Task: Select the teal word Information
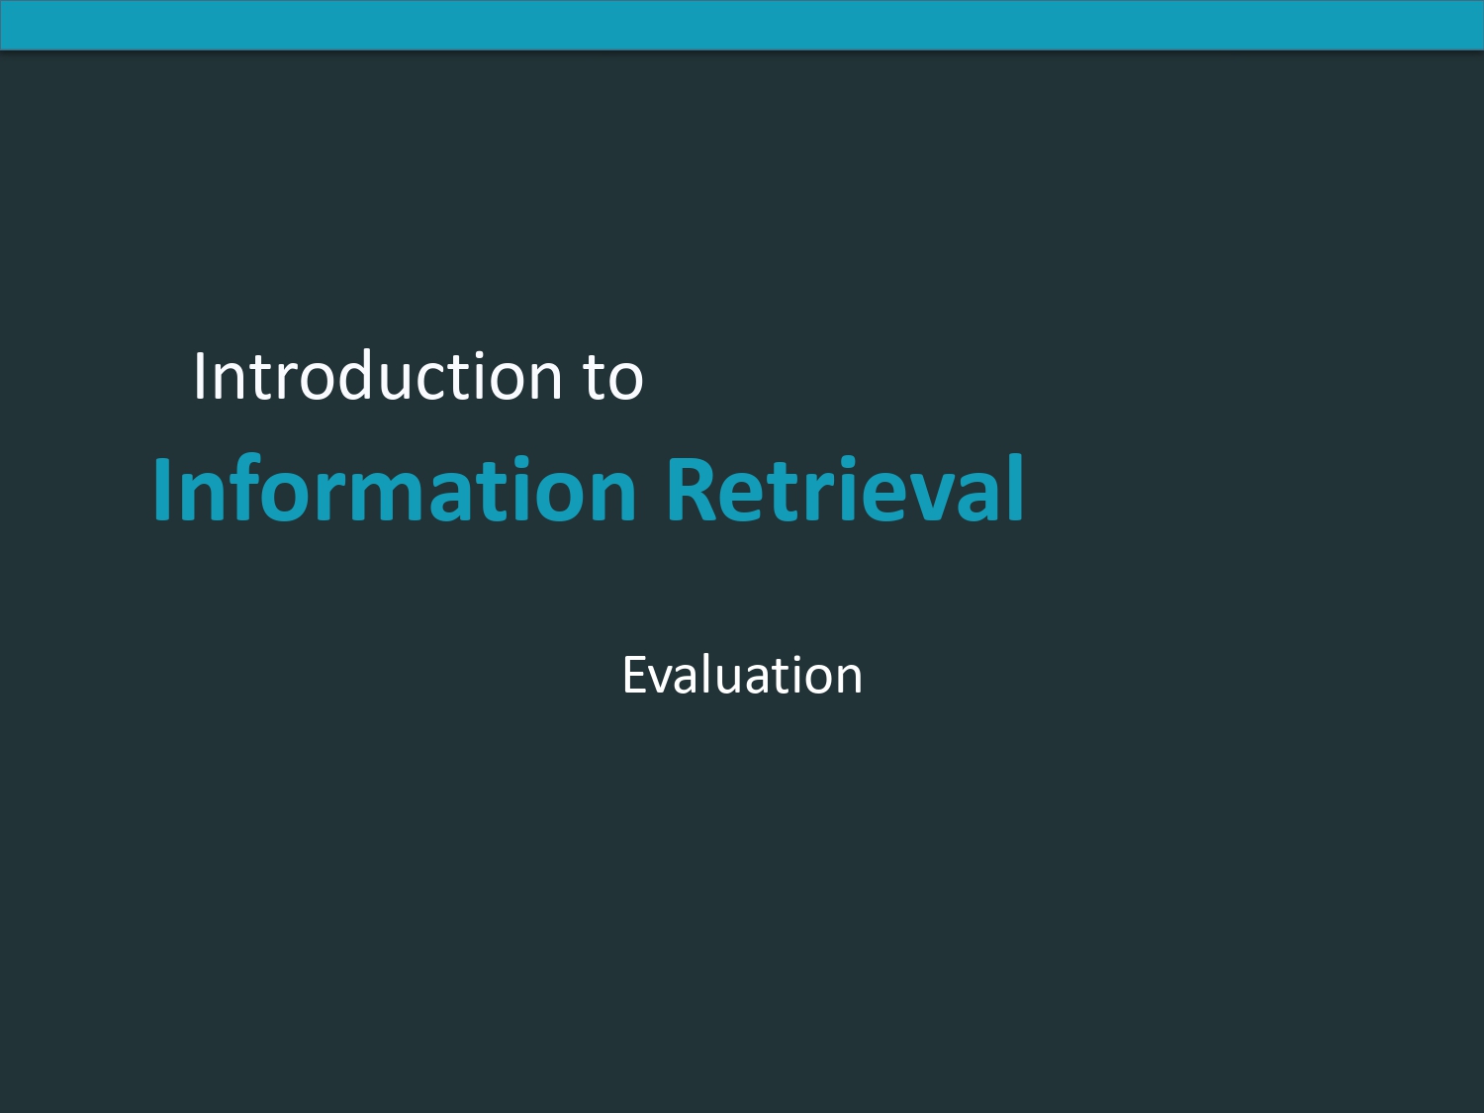pyautogui.click(x=395, y=489)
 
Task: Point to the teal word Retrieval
pyautogui.click(x=846, y=489)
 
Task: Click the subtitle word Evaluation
pyautogui.click(x=742, y=675)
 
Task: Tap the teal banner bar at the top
pyautogui.click(x=742, y=25)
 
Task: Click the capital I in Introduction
pyautogui.click(x=200, y=376)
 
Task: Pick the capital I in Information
pyautogui.click(x=161, y=490)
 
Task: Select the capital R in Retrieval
pyautogui.click(x=691, y=490)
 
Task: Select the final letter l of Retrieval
pyautogui.click(x=1016, y=488)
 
